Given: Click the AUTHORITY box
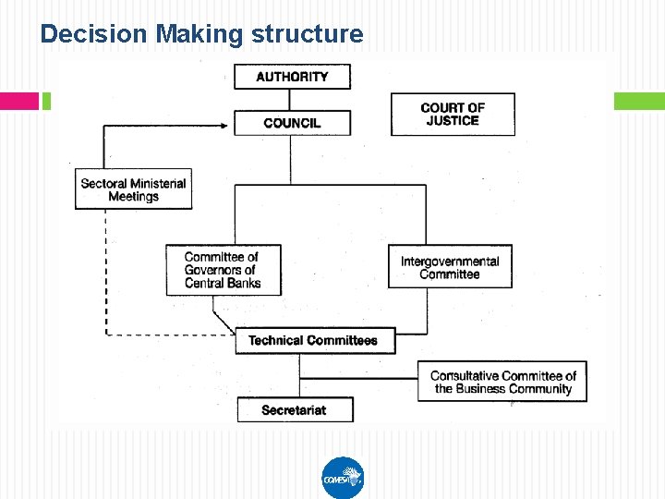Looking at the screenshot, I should pyautogui.click(x=292, y=77).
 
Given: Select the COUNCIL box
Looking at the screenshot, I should pyautogui.click(x=292, y=123).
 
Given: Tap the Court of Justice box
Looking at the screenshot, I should pyautogui.click(x=453, y=115).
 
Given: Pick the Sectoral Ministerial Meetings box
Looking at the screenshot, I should pyautogui.click(x=133, y=189).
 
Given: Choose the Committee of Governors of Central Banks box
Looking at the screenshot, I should pyautogui.click(x=223, y=270).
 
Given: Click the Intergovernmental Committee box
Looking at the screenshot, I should pyautogui.click(x=450, y=267).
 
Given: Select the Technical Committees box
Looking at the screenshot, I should pyautogui.click(x=313, y=340).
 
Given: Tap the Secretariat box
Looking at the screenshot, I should pyautogui.click(x=295, y=409).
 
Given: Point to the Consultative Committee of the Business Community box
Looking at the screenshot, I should pyautogui.click(x=502, y=382).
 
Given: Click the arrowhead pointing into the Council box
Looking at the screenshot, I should pyautogui.click(x=225, y=126).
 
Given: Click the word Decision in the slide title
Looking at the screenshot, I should pyautogui.click(x=94, y=34).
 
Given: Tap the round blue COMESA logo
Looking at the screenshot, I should pyautogui.click(x=343, y=478).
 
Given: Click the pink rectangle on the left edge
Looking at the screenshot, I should pyautogui.click(x=19, y=101).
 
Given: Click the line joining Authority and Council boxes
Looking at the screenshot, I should pyautogui.click(x=292, y=100).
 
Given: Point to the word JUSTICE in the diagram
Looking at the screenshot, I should pyautogui.click(x=453, y=121).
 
